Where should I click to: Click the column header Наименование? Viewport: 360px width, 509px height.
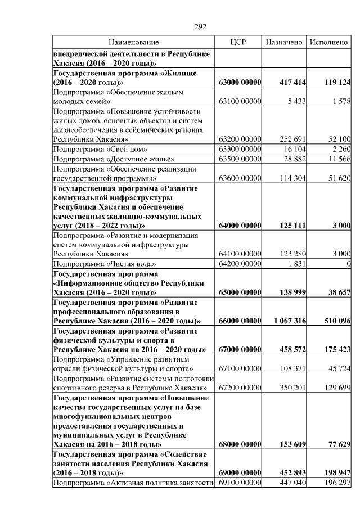tap(134, 42)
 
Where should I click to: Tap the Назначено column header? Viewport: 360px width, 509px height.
tap(285, 42)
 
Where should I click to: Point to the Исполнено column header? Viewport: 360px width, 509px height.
tap(329, 42)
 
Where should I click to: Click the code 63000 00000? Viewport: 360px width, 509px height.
tap(240, 82)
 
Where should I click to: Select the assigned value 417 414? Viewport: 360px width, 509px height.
tap(292, 82)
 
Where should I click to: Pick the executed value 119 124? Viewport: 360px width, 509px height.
tap(337, 82)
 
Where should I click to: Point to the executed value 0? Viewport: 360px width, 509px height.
tap(349, 264)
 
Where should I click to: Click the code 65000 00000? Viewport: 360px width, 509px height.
tap(240, 293)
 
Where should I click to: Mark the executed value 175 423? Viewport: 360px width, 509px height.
tap(337, 349)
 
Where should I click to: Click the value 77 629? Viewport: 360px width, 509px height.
tap(340, 444)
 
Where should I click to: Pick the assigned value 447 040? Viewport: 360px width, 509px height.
tap(292, 483)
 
